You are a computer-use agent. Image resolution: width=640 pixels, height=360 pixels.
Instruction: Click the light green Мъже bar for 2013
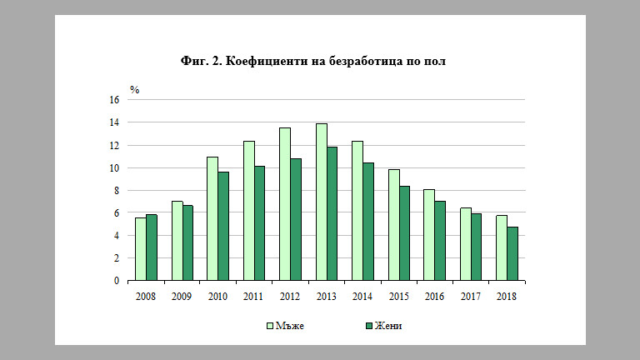coord(321,202)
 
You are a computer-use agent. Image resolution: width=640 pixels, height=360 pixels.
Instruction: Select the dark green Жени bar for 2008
coord(152,247)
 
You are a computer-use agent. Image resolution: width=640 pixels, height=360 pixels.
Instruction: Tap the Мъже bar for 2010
coord(212,219)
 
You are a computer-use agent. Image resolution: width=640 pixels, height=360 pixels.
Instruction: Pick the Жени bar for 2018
coord(512,254)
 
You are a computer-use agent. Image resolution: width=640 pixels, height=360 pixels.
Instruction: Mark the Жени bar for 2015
coord(404,233)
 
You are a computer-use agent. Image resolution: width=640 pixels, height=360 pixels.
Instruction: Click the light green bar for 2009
coord(177,241)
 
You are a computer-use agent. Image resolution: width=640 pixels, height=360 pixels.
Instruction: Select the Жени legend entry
coord(382,325)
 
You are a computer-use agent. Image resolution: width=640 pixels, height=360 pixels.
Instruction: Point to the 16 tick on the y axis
coord(114,100)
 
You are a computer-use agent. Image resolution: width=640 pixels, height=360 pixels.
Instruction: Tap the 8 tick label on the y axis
coord(117,191)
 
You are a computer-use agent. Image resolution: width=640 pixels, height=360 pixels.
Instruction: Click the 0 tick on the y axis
coord(117,281)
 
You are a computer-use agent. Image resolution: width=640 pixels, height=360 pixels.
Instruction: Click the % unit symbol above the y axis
coord(134,88)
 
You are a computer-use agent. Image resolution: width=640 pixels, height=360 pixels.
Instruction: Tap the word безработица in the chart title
coord(361,61)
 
